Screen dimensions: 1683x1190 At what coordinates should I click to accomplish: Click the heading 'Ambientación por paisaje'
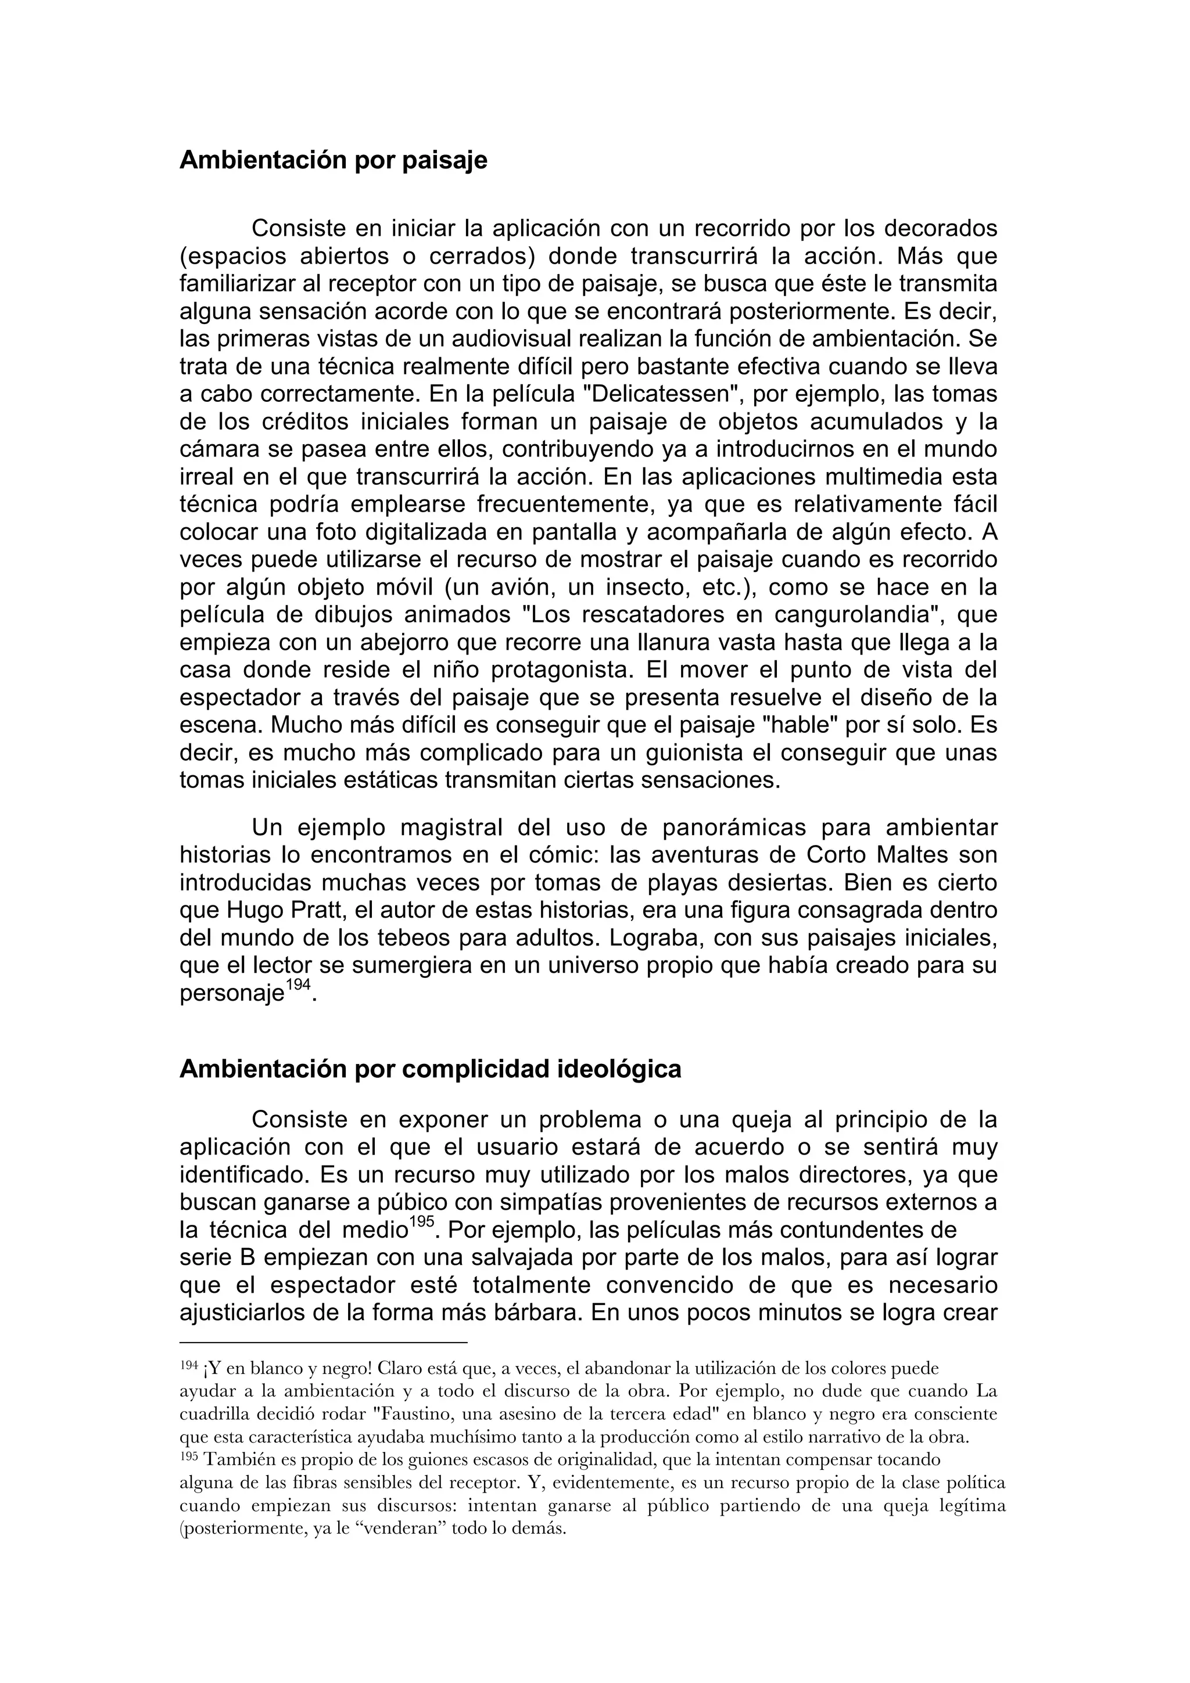point(333,160)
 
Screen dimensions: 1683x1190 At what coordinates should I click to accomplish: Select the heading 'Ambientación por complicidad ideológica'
point(431,1070)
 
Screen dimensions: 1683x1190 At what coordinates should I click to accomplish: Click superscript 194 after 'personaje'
point(297,986)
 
